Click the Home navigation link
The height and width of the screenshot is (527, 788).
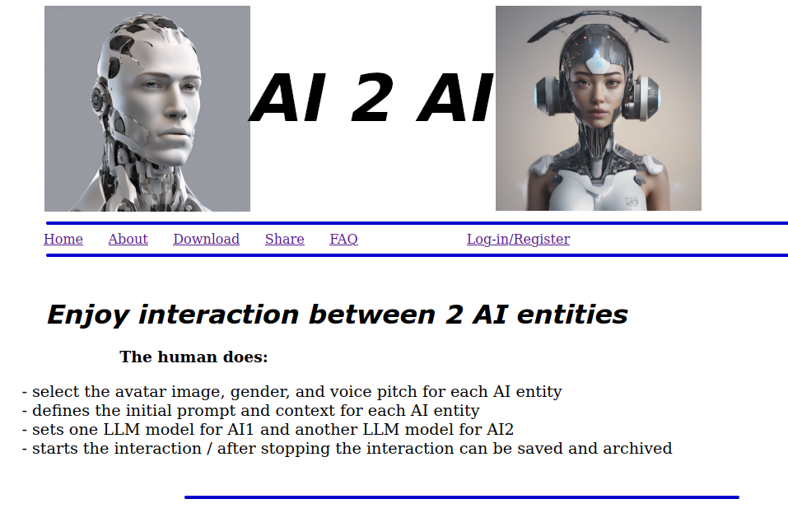63,240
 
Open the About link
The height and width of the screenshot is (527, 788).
128,240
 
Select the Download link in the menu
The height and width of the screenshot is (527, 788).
206,240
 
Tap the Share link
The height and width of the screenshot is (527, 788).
284,240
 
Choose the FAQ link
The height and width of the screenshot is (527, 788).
343,240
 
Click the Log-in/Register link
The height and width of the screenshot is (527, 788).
518,240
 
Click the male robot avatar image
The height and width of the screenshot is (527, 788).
147,109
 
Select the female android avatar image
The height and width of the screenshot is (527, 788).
598,109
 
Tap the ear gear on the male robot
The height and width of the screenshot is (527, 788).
99,100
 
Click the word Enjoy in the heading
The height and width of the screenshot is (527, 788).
88,315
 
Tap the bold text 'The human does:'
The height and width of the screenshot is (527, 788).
194,357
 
